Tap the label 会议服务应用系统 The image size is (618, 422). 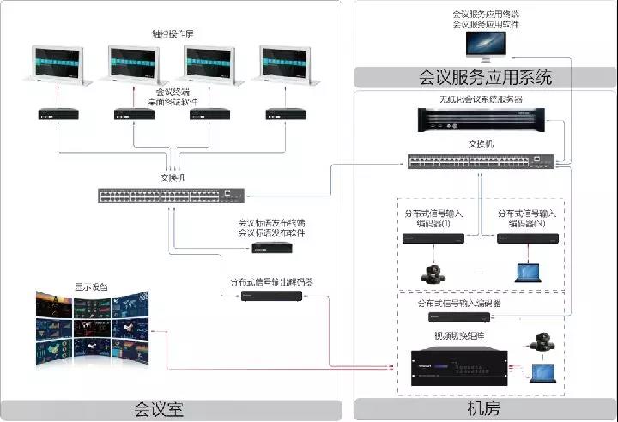pos(484,78)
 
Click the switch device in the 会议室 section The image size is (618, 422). pos(172,195)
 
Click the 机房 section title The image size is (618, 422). pos(484,408)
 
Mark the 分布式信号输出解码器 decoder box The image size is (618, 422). pos(270,297)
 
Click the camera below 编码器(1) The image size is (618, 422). pos(433,272)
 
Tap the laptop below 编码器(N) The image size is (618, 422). pos(527,273)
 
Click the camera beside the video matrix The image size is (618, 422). pos(542,341)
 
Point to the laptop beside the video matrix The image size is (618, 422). pos(542,374)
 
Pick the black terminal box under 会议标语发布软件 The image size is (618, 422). pos(270,248)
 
